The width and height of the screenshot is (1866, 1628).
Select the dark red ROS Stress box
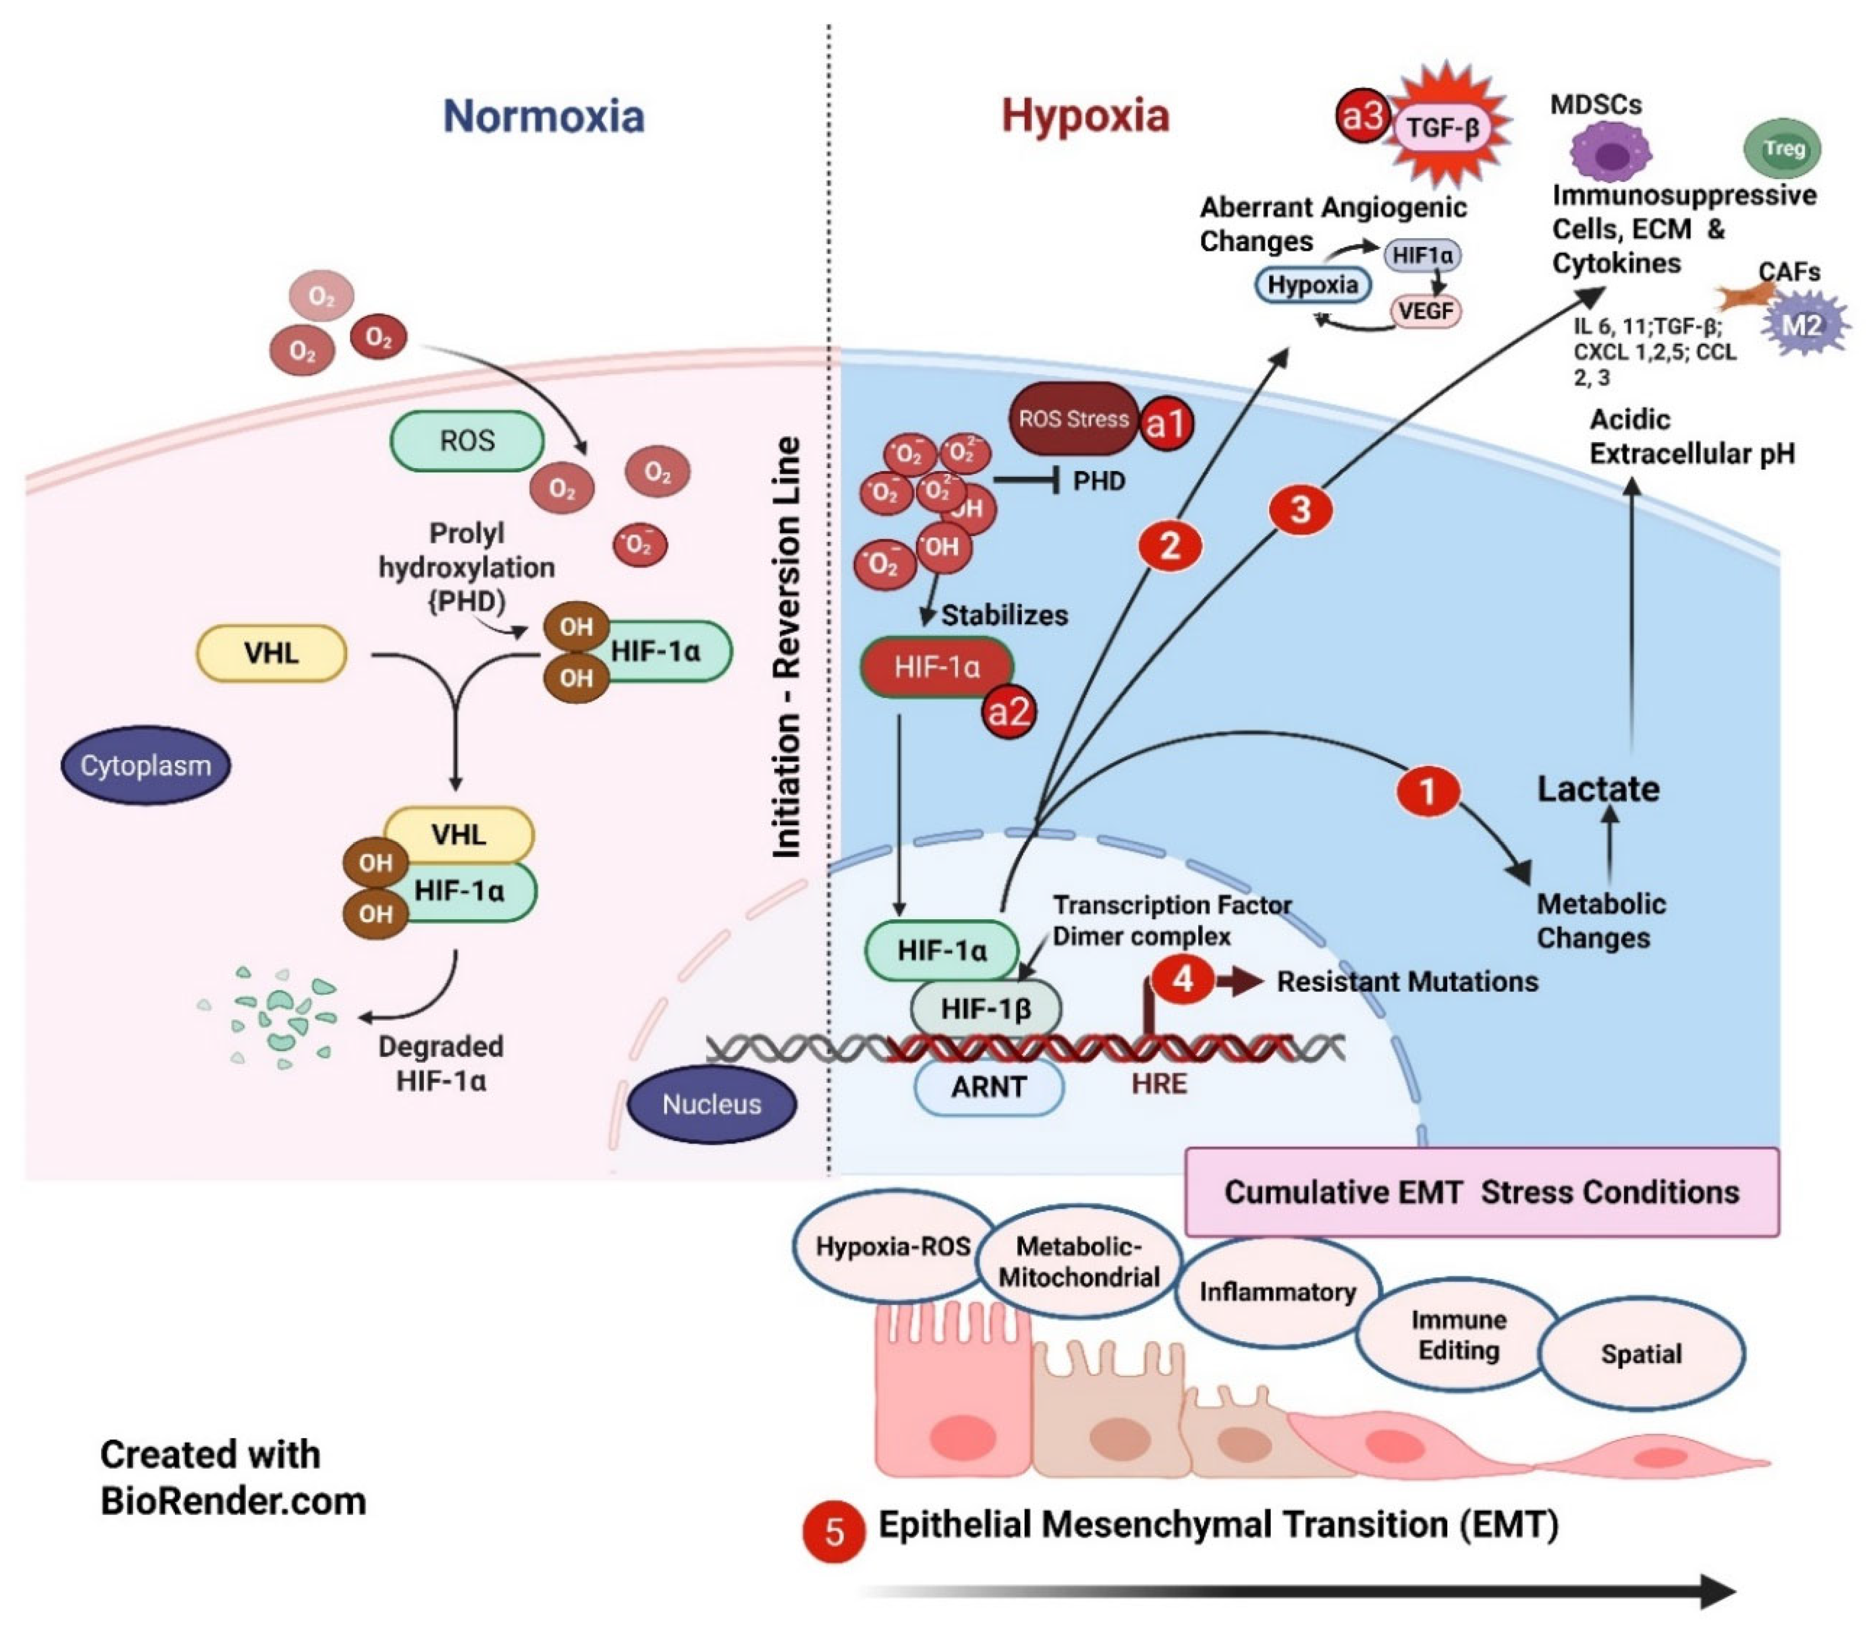click(1073, 419)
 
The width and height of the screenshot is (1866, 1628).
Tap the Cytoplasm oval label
click(146, 765)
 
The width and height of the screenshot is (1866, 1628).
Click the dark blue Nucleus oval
click(712, 1104)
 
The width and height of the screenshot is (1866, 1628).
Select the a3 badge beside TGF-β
click(1364, 115)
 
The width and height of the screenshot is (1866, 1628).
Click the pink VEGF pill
click(1425, 311)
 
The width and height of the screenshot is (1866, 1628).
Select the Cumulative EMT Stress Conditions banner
click(1482, 1192)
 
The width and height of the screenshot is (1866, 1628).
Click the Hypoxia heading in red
click(1085, 116)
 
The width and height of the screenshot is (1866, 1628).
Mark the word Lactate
click(1598, 788)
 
